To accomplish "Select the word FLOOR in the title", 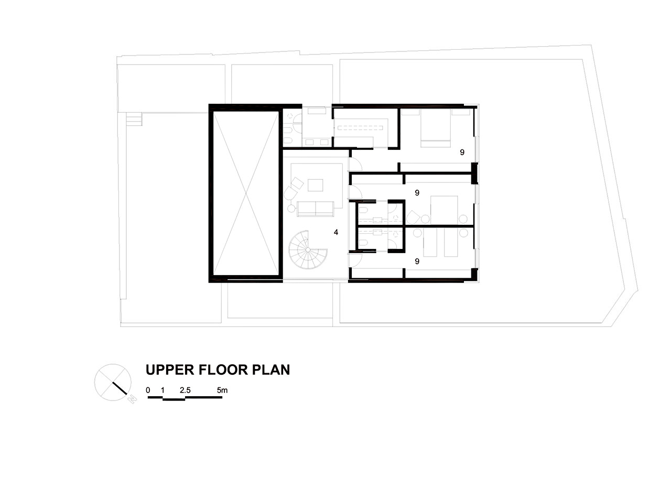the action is [x=223, y=370].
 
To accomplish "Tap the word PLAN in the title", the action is [x=271, y=370].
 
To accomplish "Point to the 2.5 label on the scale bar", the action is [x=185, y=390].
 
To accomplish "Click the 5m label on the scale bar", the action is [x=222, y=390].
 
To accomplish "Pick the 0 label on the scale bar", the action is [x=148, y=390].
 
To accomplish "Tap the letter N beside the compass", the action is [x=132, y=399].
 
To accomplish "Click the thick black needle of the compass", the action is [x=120, y=388].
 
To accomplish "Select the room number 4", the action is [x=336, y=232].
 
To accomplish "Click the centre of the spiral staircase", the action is [x=308, y=250].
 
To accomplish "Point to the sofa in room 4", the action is [x=315, y=209].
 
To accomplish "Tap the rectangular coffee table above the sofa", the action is [x=315, y=185].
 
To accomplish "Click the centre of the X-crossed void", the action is [x=246, y=193].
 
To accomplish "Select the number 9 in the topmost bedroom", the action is [x=462, y=153].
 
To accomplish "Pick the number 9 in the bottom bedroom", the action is [x=417, y=262].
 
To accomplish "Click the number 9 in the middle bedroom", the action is [x=417, y=193].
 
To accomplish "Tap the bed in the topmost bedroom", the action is [x=436, y=128].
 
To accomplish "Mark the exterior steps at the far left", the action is [x=134, y=119].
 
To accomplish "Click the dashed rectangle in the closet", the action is [x=360, y=128].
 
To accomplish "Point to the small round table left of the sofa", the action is [x=291, y=209].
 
